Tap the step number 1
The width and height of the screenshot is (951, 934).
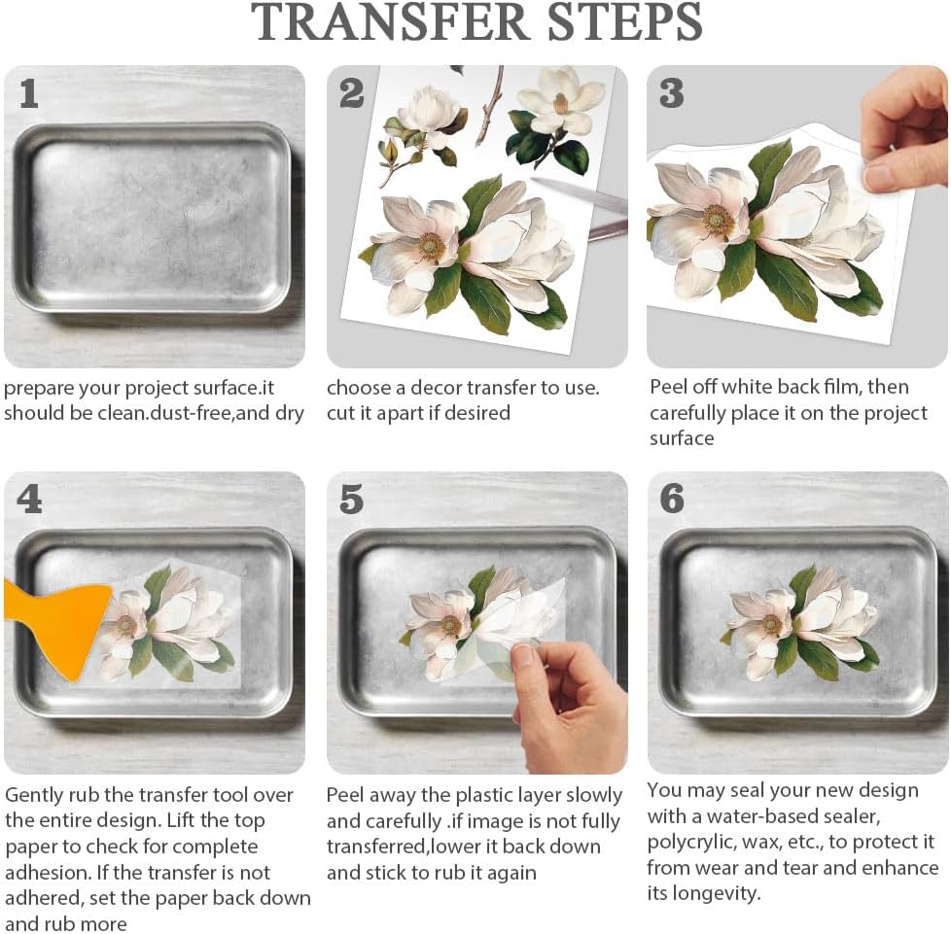point(28,94)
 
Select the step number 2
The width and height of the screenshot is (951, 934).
point(351,93)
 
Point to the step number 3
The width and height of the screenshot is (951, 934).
point(671,93)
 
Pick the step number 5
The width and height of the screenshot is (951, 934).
point(351,500)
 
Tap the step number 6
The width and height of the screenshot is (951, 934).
point(672,500)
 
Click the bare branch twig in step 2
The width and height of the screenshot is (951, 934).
point(490,106)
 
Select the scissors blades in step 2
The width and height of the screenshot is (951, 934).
point(580,206)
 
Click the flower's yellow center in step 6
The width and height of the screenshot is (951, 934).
point(771,624)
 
